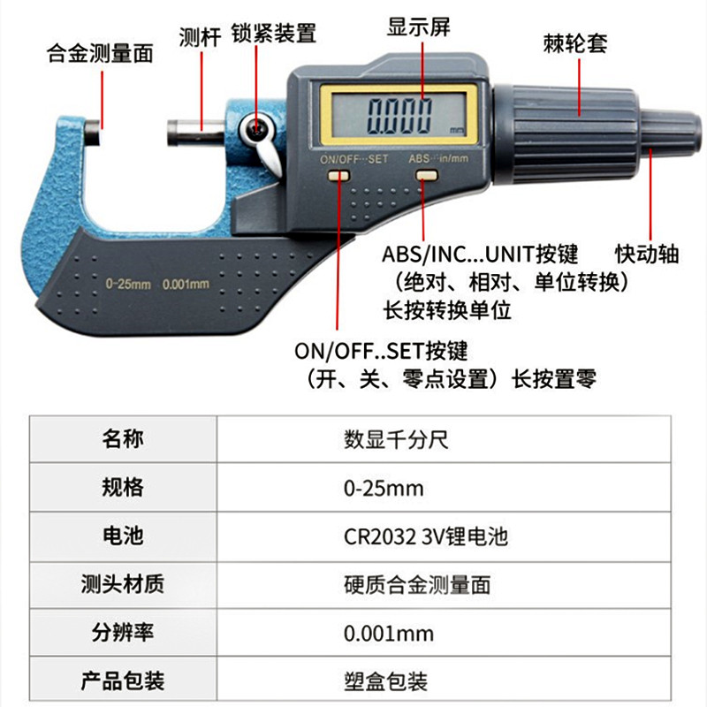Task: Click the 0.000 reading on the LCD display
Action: click(x=399, y=117)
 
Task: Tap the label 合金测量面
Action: click(x=100, y=53)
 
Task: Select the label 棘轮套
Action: click(x=575, y=43)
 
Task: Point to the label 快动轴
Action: click(x=647, y=254)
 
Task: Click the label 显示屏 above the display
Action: click(x=418, y=27)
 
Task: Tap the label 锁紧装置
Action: click(x=274, y=33)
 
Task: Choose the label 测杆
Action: click(x=200, y=37)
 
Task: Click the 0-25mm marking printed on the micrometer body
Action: click(x=128, y=284)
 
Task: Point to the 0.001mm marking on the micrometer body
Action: click(x=186, y=284)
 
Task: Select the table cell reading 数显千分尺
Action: click(x=396, y=439)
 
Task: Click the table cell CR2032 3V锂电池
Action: click(x=426, y=536)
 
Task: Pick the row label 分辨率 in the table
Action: click(x=123, y=632)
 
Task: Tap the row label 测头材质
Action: click(x=123, y=584)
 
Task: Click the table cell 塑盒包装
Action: click(x=385, y=681)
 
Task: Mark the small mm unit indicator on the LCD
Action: click(x=456, y=131)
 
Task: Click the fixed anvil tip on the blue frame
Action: click(x=93, y=133)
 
